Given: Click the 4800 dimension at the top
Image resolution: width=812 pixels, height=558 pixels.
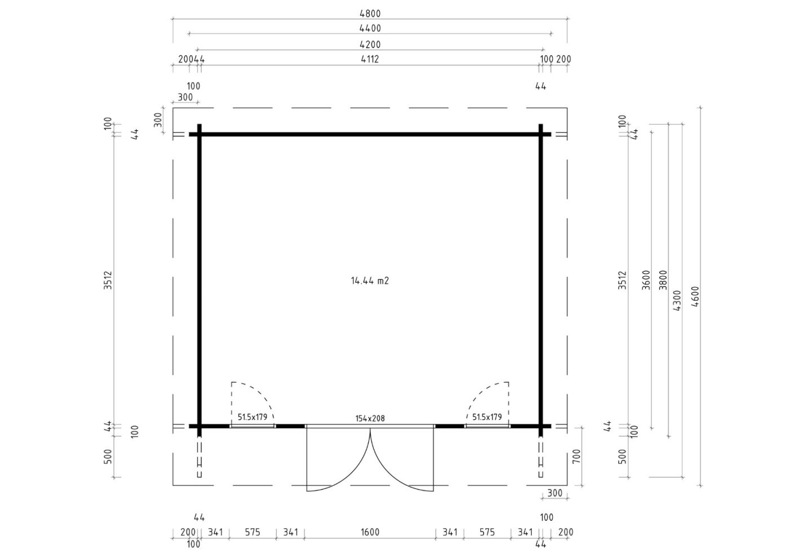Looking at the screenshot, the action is (370, 14).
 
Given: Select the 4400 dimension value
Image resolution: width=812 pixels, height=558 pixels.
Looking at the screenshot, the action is (370, 28).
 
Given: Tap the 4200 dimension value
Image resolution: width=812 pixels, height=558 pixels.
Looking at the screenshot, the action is (370, 45).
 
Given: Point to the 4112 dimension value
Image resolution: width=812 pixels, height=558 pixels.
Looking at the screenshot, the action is (370, 59).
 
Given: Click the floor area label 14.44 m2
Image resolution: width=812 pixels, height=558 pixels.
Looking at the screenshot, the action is (370, 281).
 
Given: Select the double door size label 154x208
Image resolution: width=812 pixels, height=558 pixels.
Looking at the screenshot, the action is (370, 418).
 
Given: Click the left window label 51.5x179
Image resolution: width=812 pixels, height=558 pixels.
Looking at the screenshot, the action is (252, 417).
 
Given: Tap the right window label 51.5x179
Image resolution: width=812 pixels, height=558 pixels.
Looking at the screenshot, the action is (487, 417).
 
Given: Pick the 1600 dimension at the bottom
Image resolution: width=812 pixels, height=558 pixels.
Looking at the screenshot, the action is (370, 532).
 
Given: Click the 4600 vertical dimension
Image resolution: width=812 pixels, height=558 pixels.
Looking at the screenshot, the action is (695, 296).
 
